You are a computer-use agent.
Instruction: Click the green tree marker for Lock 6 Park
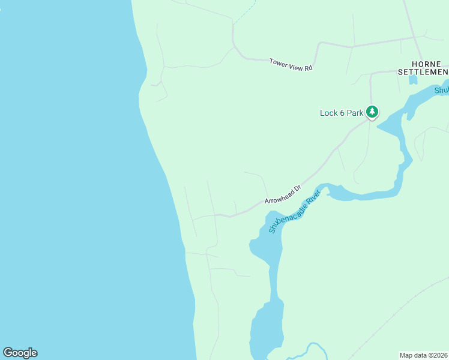[372, 112]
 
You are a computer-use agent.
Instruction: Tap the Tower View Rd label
[291, 64]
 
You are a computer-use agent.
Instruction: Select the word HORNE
[426, 64]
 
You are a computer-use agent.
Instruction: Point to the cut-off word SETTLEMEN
[423, 72]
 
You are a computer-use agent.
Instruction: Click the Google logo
[20, 353]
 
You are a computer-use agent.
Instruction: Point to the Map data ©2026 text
[424, 355]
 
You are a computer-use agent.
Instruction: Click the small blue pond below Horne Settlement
[413, 80]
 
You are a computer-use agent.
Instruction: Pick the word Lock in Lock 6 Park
[328, 113]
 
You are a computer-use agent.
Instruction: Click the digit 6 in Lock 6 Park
[342, 113]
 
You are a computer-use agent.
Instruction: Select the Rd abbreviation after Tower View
[309, 68]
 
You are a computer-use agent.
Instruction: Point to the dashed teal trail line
[244, 12]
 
